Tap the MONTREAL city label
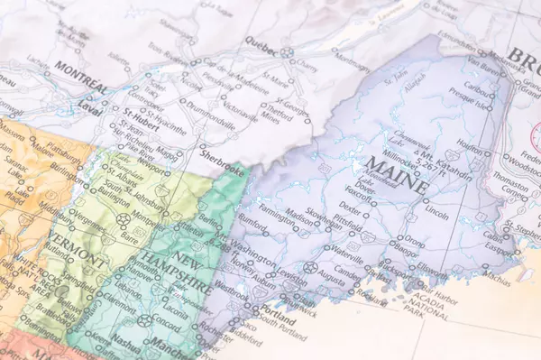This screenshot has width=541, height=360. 82,76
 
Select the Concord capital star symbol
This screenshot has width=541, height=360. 144,320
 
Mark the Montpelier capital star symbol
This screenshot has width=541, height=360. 124,219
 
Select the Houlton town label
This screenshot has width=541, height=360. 469,143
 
